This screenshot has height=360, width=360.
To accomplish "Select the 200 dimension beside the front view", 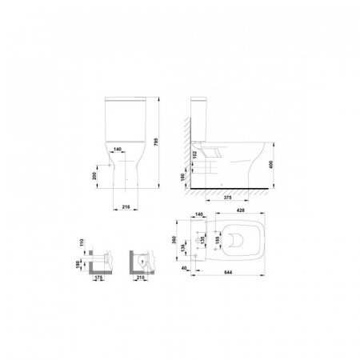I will click(96, 175).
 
